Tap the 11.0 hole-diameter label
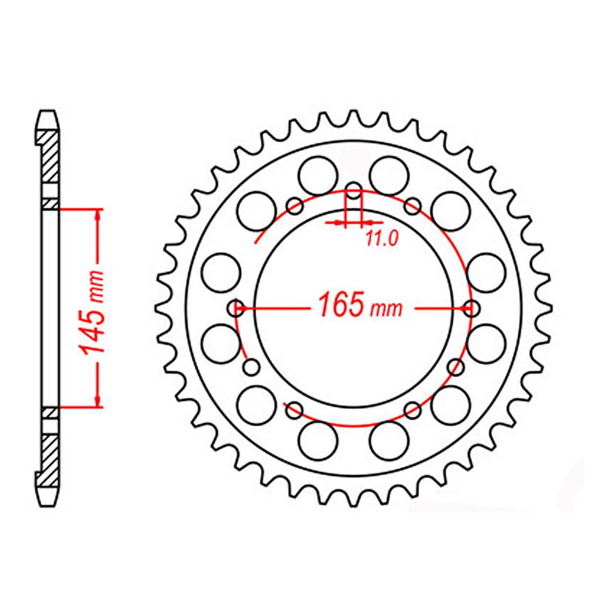click(381, 239)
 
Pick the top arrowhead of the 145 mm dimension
click(100, 215)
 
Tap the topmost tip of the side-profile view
click(48, 112)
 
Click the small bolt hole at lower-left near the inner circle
click(252, 367)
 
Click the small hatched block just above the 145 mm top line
click(50, 203)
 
